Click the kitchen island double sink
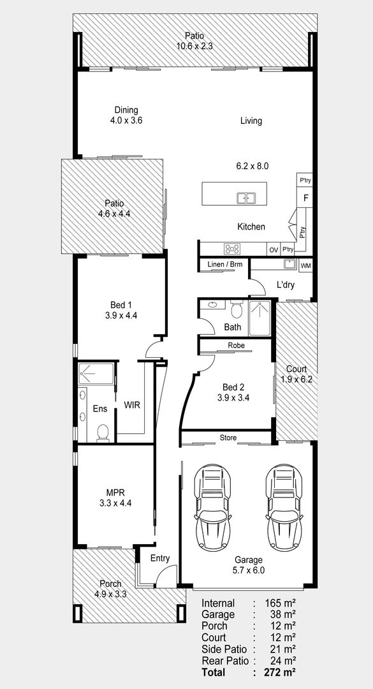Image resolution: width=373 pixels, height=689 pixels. click(x=247, y=198)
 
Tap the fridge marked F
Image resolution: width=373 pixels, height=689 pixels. click(x=305, y=198)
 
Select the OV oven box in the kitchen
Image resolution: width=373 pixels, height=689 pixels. click(x=274, y=249)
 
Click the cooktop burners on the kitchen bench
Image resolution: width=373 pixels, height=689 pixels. click(x=232, y=249)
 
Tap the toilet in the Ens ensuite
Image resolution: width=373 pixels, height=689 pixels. click(x=103, y=432)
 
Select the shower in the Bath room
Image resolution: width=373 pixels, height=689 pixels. click(x=260, y=318)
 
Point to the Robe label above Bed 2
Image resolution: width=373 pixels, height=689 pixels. click(x=236, y=345)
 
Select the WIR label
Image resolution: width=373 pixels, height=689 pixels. click(x=132, y=405)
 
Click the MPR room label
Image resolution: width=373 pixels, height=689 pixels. click(x=115, y=492)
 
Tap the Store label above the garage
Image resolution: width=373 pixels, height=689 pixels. click(x=228, y=438)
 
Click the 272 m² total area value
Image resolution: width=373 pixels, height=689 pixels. click(x=280, y=672)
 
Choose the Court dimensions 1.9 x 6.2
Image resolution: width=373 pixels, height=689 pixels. click(x=296, y=380)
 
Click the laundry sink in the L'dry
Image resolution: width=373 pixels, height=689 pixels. click(x=290, y=264)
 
